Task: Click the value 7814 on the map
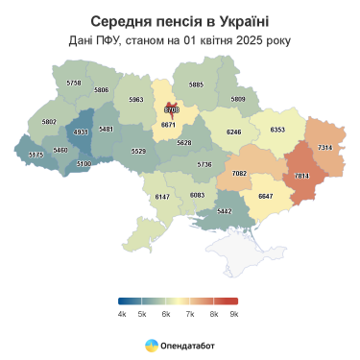[301, 177]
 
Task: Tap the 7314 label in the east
[324, 147]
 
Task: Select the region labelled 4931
[81, 132]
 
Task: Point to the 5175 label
[36, 155]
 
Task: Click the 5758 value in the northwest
[74, 84]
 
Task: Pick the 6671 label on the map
[168, 124]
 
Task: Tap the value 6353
[278, 129]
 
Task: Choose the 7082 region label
[240, 173]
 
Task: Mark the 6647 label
[266, 196]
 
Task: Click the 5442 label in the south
[224, 210]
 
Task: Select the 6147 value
[162, 196]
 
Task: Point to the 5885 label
[196, 84]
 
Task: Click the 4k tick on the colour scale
[122, 314]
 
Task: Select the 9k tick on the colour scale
[234, 314]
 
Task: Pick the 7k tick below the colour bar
[189, 314]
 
